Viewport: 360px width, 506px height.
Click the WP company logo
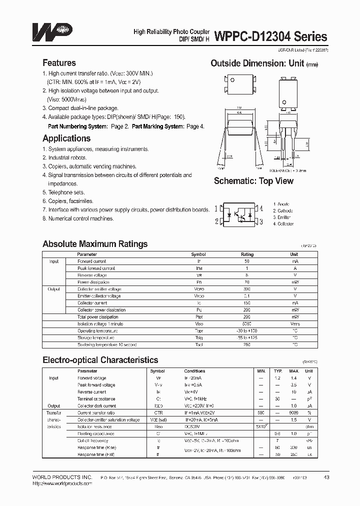coord(52,31)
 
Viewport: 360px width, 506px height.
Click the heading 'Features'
coord(59,63)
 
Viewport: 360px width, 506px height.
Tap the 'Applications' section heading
coord(66,138)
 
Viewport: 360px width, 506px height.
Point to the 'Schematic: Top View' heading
coord(253,181)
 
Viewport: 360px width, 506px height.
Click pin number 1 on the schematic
coord(216,208)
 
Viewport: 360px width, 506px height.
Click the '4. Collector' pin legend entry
coord(283,224)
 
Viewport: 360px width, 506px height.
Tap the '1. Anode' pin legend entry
coord(281,204)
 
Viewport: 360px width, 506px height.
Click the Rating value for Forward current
coord(247,261)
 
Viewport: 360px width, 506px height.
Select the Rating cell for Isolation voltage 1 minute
coord(247,324)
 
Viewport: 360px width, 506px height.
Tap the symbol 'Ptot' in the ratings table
coord(198,317)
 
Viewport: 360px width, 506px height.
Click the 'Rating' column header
coord(247,254)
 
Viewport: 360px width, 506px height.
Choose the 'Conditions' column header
coord(194,371)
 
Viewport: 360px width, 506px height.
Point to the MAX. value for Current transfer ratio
coord(294,413)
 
